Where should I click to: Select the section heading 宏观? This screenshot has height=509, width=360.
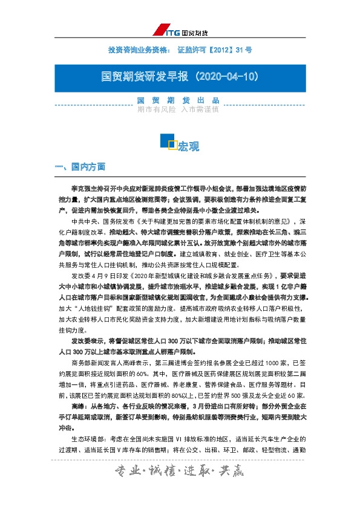pos(188,147)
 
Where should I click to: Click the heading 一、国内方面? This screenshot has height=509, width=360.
pos(80,166)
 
